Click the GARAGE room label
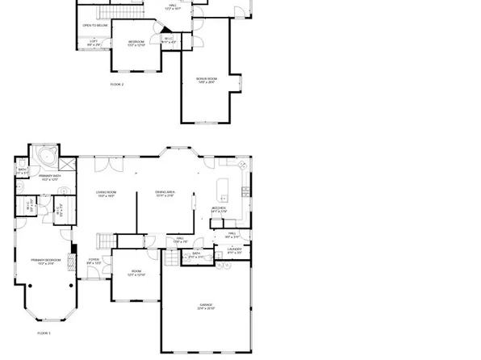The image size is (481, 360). point(207,305)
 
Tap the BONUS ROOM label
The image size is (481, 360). point(207,79)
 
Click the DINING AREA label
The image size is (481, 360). point(165,192)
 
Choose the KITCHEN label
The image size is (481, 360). point(219,209)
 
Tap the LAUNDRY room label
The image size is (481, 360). point(234,250)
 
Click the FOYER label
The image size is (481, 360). point(94,260)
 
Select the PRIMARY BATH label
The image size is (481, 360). point(50,176)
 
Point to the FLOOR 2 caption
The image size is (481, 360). point(117,84)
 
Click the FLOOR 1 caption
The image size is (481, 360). point(44,333)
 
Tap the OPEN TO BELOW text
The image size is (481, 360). point(94,26)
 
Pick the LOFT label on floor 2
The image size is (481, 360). point(94,41)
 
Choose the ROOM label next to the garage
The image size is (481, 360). point(136,274)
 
